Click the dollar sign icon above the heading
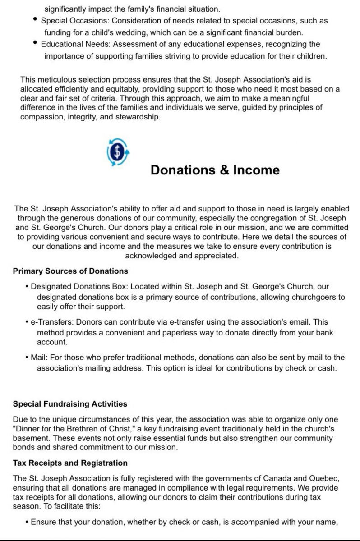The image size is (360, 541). tap(118, 152)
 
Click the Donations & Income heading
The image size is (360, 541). tap(215, 170)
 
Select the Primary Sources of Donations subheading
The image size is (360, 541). tap(70, 271)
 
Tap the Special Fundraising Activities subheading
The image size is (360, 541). tap(70, 404)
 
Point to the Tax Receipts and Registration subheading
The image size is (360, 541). tap(70, 463)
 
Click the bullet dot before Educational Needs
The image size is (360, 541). tap(36, 43)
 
